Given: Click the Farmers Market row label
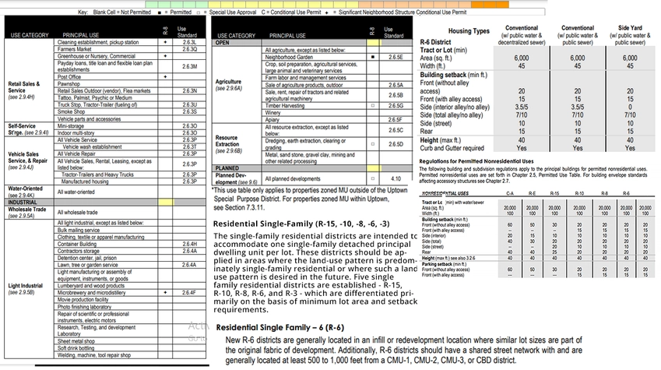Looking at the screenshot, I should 76,48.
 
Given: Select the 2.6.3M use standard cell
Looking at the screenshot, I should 189,66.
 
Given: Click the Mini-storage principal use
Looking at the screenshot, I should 71,125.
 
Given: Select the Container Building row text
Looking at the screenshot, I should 82,244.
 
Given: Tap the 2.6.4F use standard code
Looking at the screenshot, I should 189,292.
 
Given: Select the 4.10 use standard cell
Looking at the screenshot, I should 396,178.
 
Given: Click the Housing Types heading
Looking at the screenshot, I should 469,30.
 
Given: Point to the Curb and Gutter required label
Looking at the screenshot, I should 452,147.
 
